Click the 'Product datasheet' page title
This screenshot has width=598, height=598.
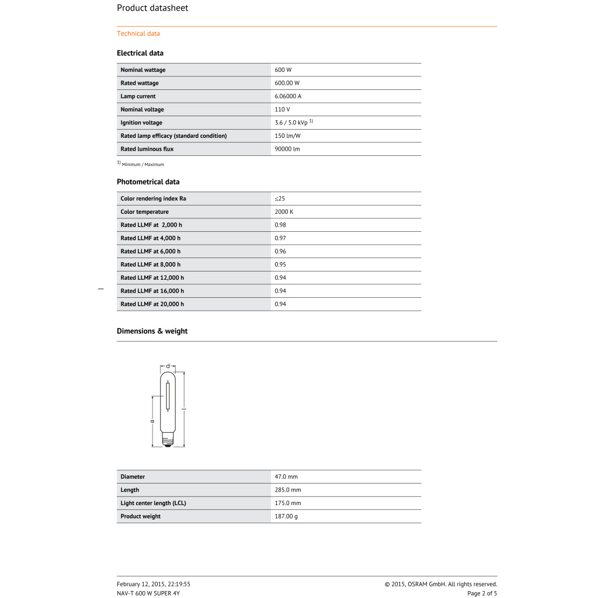tap(152, 8)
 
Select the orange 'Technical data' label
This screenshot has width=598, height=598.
tap(138, 34)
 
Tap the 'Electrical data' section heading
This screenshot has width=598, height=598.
tap(140, 53)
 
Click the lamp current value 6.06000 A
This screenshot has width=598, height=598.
tap(288, 96)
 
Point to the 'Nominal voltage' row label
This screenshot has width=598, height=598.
tap(142, 110)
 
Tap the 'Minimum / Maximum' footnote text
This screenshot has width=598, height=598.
tap(143, 165)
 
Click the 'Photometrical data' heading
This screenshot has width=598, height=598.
tap(148, 182)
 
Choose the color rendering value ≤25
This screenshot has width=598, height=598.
tap(280, 199)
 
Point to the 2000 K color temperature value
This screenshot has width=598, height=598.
tap(284, 212)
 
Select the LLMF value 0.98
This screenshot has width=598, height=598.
tap(280, 225)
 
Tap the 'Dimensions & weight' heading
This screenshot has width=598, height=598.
tap(152, 331)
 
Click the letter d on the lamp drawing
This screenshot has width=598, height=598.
tap(168, 366)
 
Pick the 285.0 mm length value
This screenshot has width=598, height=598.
tap(288, 491)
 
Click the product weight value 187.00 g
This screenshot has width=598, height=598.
tap(286, 517)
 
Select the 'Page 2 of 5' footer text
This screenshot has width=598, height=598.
tap(482, 593)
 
